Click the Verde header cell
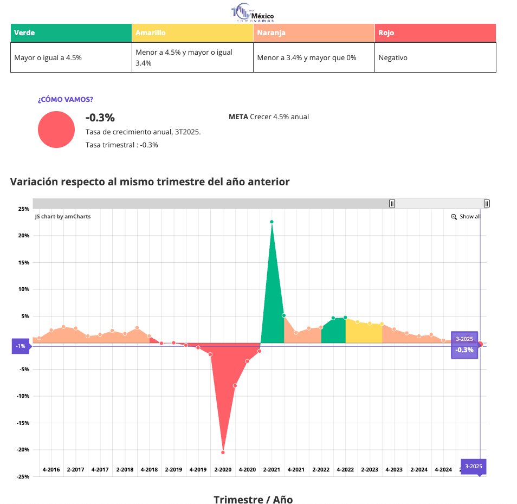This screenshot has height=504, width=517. (x=70, y=33)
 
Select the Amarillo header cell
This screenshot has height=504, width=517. (x=192, y=33)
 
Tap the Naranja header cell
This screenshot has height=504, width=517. (x=313, y=33)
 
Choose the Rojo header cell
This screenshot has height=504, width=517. (x=435, y=33)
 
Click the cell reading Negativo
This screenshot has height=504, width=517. (x=393, y=57)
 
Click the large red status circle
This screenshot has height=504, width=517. (x=56, y=130)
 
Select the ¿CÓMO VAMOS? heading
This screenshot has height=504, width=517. (x=65, y=100)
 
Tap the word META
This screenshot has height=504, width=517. (x=238, y=117)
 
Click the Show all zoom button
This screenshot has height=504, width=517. (x=466, y=217)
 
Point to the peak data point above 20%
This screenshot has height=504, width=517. (x=272, y=222)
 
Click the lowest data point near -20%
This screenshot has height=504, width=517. (x=223, y=452)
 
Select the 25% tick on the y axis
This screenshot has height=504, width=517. (x=23, y=209)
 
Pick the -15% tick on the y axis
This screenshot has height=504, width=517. (x=22, y=423)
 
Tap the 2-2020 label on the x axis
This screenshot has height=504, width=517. (x=223, y=469)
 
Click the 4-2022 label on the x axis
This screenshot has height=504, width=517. (x=345, y=469)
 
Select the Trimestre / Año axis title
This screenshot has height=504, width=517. (x=253, y=499)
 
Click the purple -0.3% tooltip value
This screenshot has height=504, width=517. (x=464, y=350)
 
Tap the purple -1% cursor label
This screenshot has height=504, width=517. (x=21, y=346)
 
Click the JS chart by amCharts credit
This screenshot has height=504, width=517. (x=62, y=217)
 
